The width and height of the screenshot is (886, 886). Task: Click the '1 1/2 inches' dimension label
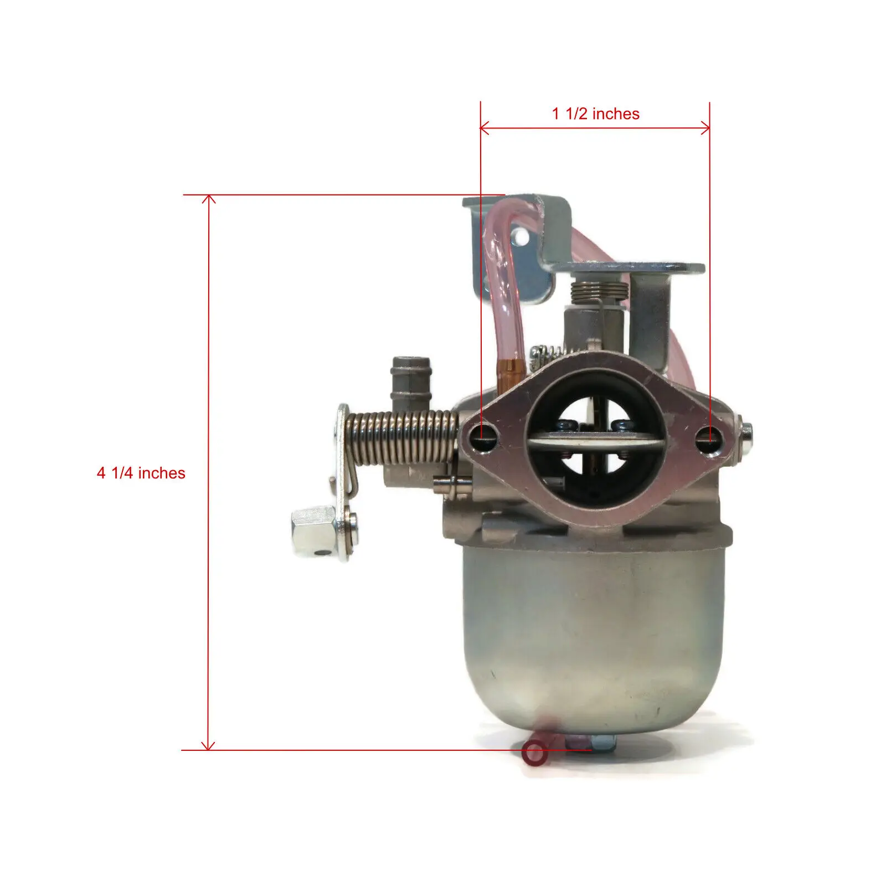coord(595,114)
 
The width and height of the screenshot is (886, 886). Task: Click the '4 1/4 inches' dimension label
coord(141,473)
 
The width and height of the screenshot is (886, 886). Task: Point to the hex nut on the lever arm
coord(313,526)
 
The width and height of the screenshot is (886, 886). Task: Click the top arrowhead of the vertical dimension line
coord(209,198)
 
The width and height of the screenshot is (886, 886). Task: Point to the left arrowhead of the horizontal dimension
coord(483,128)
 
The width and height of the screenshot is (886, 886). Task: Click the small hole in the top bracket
coord(521,238)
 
